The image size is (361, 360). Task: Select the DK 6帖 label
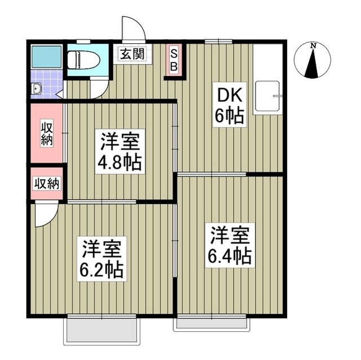tap(228, 106)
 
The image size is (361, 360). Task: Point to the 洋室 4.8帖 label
tap(120, 152)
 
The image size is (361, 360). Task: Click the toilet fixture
tap(81, 59)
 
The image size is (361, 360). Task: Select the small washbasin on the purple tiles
tap(37, 88)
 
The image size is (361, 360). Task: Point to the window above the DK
tap(218, 41)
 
